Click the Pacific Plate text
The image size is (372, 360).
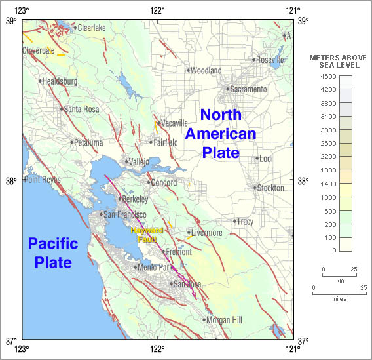53,253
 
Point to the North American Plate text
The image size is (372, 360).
220,134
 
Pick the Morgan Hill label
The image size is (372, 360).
224,320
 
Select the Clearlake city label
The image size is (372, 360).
92,28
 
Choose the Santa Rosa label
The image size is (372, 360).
82,110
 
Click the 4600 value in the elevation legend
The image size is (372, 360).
329,76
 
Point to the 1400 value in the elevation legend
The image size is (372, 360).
329,184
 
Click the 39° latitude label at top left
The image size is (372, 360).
11,21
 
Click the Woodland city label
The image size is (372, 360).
207,71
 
